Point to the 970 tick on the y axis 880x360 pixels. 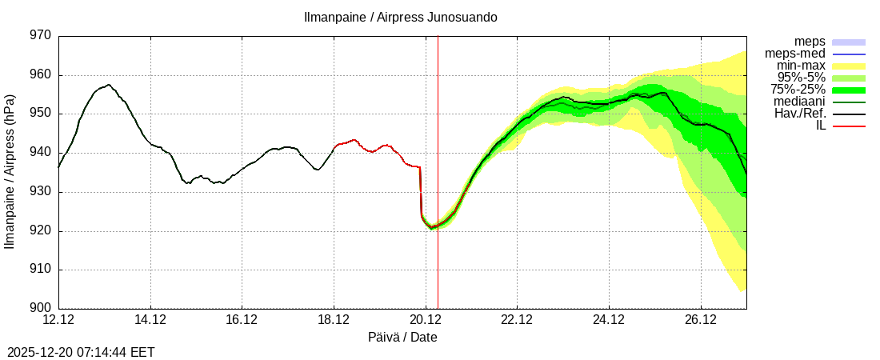pos(40,36)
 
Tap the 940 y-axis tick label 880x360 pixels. pos(40,153)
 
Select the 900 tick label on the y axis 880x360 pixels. pos(40,308)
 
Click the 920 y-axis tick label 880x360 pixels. pos(40,230)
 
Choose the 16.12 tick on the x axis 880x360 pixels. pos(242,320)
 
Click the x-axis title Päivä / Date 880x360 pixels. pos(402,337)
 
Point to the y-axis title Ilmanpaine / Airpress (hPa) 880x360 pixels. pos(10,172)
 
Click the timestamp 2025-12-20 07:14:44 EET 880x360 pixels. pos(81,352)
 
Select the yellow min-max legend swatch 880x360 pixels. pos(849,66)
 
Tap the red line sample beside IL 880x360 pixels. pos(849,126)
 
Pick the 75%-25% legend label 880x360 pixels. pos(798,90)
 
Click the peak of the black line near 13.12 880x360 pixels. pos(108,85)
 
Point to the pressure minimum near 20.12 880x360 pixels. pos(431,227)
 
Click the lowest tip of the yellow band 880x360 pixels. pos(743,290)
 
